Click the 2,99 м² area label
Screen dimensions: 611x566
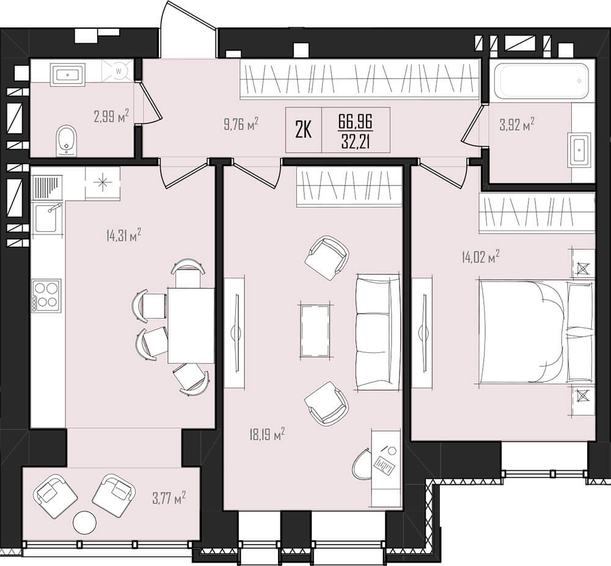(111, 116)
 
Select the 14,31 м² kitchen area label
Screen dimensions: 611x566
(123, 236)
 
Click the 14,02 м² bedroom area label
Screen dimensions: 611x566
(480, 257)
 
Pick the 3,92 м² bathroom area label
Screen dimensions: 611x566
(517, 125)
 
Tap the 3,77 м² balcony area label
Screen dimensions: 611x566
(169, 498)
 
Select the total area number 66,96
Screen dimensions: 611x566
(356, 122)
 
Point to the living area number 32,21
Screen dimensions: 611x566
(356, 141)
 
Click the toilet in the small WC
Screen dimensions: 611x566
(67, 140)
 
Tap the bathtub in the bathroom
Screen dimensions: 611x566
(543, 81)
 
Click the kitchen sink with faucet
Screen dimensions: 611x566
(47, 217)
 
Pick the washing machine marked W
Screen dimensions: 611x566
(119, 71)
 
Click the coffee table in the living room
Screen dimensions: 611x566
(315, 330)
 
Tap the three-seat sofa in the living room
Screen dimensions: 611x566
(378, 332)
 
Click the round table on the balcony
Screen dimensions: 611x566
(85, 523)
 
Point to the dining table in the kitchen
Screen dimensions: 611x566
(191, 325)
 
